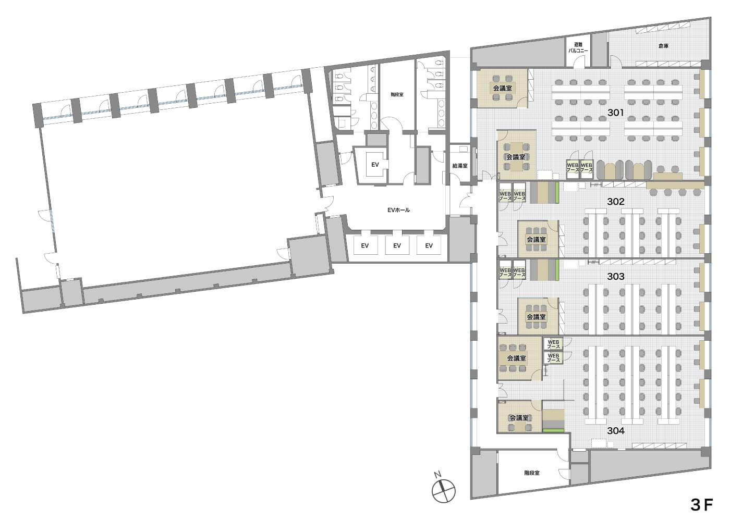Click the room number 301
[x=616, y=113]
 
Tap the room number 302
[x=616, y=202]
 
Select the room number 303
[x=616, y=277]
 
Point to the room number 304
[x=616, y=431]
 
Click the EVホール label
[x=398, y=210]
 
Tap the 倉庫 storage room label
[x=663, y=46]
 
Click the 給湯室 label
[x=460, y=166]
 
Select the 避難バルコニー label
[x=578, y=47]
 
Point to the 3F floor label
[x=702, y=505]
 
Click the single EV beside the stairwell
[x=375, y=165]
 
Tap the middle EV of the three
[x=397, y=245]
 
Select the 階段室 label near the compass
[x=531, y=473]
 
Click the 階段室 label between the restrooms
[x=397, y=94]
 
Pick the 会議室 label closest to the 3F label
[x=519, y=418]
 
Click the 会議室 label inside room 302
[x=536, y=240]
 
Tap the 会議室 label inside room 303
[x=536, y=317]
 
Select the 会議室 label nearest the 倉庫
[x=502, y=88]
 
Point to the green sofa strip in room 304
[x=553, y=430]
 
